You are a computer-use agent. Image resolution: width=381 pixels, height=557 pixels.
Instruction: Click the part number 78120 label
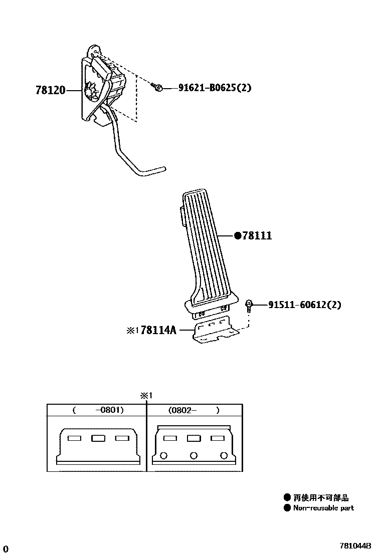tap(50, 91)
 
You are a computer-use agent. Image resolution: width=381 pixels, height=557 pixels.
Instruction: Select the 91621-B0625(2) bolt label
tap(215, 88)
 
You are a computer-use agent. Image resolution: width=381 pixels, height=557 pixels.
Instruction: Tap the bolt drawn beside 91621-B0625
tap(157, 88)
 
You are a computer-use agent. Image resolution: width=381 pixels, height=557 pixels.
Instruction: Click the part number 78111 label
tap(257, 235)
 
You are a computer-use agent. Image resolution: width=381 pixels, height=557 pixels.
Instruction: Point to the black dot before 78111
tap(238, 235)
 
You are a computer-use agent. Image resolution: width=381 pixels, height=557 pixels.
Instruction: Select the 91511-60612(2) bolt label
tap(304, 305)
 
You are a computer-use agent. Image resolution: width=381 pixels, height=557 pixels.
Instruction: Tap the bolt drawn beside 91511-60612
tap(249, 305)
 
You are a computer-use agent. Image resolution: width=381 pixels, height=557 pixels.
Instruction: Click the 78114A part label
tap(158, 330)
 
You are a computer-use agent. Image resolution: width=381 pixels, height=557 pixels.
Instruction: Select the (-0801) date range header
tap(98, 410)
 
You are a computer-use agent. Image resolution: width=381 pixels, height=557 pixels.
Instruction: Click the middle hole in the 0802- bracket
tap(194, 455)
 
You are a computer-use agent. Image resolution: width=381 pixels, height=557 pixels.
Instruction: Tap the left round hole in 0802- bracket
tap(163, 455)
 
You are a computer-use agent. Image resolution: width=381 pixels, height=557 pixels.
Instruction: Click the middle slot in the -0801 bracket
tap(97, 439)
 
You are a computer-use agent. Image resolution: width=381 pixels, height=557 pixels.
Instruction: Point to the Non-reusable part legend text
tap(323, 508)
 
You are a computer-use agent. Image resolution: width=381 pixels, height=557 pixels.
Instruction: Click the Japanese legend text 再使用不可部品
tap(321, 498)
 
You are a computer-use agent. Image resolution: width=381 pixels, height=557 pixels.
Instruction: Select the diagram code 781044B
tap(355, 545)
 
